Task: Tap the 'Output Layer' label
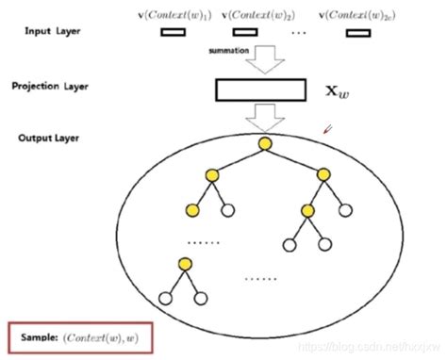pyautogui.click(x=47, y=138)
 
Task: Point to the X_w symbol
pyautogui.click(x=338, y=91)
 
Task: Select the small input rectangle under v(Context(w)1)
pyautogui.click(x=174, y=32)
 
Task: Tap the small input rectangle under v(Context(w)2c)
pyautogui.click(x=357, y=32)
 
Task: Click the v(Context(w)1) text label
pyautogui.click(x=176, y=13)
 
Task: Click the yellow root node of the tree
pyautogui.click(x=266, y=142)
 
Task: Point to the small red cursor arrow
pyautogui.click(x=327, y=129)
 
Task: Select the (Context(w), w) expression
pyautogui.click(x=104, y=335)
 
